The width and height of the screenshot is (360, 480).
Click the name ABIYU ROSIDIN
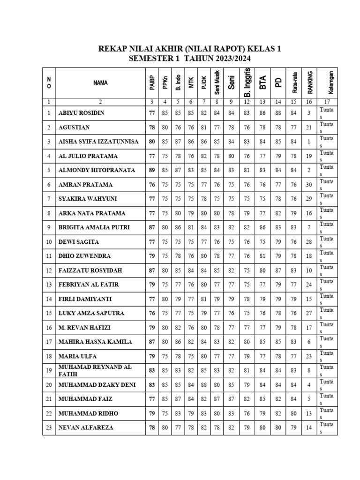pos(81,113)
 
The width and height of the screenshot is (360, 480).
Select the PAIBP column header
pos(152,82)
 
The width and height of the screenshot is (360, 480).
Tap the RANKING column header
pos(309,82)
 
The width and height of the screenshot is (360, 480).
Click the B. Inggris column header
pos(247,82)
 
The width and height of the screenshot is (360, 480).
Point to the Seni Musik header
pos(217,82)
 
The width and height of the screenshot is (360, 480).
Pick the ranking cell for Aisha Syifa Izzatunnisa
pos(309,142)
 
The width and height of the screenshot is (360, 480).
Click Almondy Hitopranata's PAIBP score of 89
pos(152,170)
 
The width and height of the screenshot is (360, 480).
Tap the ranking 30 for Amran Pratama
pos(309,185)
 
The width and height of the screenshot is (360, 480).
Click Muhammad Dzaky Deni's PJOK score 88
pos(204,385)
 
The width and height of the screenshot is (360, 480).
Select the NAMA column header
pos(100,82)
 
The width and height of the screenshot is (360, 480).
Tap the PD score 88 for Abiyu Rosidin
pos(278,113)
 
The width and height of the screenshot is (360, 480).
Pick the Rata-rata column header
pos(294,82)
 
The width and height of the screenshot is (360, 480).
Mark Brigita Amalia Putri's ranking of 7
pos(309,227)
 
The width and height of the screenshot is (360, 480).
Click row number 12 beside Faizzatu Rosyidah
pos(49,270)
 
